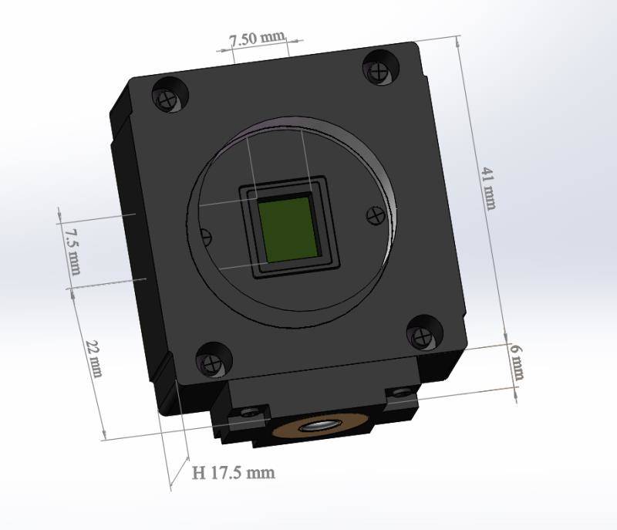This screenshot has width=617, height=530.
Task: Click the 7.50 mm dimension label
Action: pyautogui.click(x=258, y=39)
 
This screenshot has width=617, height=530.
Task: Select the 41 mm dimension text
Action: pyautogui.click(x=489, y=188)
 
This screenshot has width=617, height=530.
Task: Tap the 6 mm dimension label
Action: pyautogui.click(x=517, y=363)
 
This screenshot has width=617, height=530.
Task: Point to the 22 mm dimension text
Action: pyautogui.click(x=94, y=359)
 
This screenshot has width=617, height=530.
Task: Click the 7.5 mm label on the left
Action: pyautogui.click(x=73, y=251)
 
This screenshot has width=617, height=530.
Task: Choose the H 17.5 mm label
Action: pyautogui.click(x=234, y=472)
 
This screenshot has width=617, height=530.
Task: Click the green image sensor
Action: pyautogui.click(x=288, y=229)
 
